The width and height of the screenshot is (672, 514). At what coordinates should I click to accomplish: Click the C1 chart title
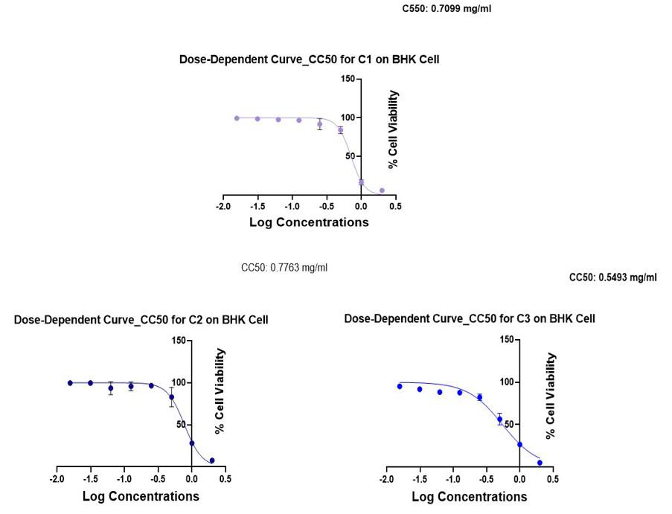click(x=309, y=59)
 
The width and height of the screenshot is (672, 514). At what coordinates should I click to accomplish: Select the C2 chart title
click(x=141, y=320)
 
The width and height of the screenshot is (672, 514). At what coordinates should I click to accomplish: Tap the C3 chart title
click(x=470, y=318)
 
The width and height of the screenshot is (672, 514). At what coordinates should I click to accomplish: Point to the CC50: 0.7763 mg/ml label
click(x=284, y=268)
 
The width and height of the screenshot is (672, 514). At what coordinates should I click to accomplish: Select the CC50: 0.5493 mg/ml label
click(x=612, y=277)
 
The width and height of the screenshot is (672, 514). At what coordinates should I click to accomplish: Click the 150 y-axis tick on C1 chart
click(x=348, y=79)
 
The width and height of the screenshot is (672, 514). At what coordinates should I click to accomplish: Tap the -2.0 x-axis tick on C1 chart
click(x=223, y=206)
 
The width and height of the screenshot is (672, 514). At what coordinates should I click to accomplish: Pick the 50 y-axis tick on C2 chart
click(x=181, y=425)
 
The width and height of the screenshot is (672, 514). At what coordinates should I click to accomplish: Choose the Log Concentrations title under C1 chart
click(x=308, y=222)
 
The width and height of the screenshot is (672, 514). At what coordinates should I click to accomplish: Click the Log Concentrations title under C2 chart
click(x=141, y=496)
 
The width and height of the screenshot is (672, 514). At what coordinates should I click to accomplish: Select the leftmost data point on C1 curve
click(x=237, y=118)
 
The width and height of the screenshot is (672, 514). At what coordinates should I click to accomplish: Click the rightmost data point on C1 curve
click(x=382, y=190)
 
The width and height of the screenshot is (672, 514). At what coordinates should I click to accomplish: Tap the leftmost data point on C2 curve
click(x=70, y=383)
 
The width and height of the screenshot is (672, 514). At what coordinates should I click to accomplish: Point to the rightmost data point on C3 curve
click(x=540, y=463)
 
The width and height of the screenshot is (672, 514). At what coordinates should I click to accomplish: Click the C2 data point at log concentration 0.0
click(x=192, y=443)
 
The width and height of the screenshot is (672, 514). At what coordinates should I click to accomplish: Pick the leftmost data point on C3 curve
click(x=400, y=386)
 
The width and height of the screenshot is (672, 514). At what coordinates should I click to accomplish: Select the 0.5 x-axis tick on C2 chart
click(x=225, y=479)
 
